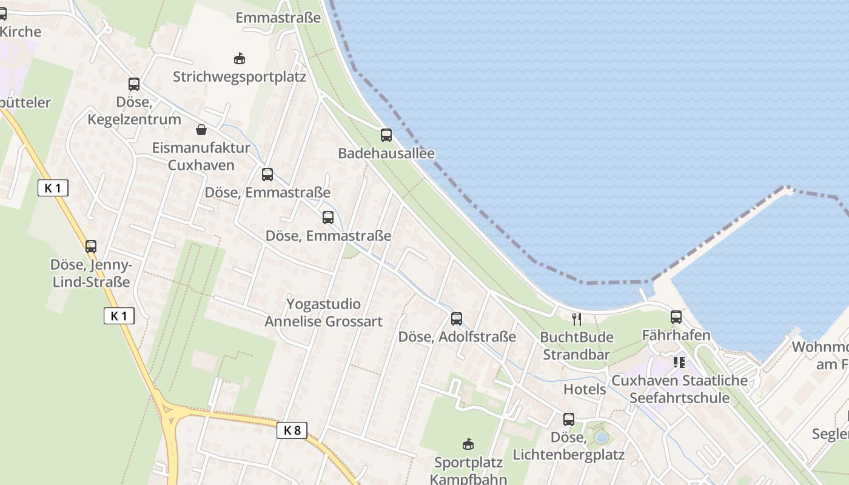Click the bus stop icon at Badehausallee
[386, 135]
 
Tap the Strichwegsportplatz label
[240, 77]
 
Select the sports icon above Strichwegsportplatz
[240, 59]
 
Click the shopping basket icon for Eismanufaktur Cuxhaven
[201, 130]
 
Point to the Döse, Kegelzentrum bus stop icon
[134, 84]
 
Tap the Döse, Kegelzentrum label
[134, 112]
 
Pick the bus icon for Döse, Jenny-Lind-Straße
[91, 247]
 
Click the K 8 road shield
[292, 430]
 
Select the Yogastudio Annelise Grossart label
[324, 312]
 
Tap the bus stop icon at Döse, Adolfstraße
[457, 319]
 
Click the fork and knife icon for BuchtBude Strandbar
[577, 319]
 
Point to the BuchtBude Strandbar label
[577, 346]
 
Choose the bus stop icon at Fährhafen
[676, 317]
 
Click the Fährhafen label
[676, 335]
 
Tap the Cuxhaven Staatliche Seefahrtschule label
[679, 389]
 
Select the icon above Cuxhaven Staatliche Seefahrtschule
[679, 363]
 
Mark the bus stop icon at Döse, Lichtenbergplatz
[569, 419]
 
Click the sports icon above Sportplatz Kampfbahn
[468, 444]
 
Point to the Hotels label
[585, 389]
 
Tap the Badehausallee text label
[386, 153]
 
